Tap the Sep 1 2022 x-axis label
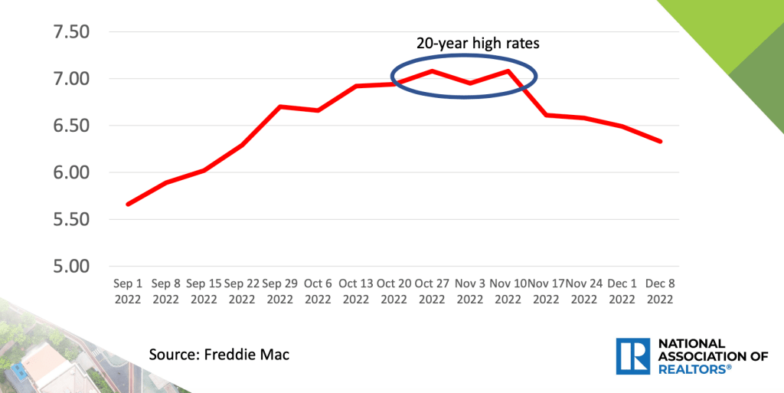128,291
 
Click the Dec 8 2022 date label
659,291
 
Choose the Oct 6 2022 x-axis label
318,291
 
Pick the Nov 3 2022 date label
469,291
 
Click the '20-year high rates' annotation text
478,44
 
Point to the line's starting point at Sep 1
128,205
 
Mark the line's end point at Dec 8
660,141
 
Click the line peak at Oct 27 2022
432,71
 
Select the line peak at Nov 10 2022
508,71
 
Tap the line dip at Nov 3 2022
469,84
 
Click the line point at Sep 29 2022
280,106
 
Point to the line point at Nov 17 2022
546,115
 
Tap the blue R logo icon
632,356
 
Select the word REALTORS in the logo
690,369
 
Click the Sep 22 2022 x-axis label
242,291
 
